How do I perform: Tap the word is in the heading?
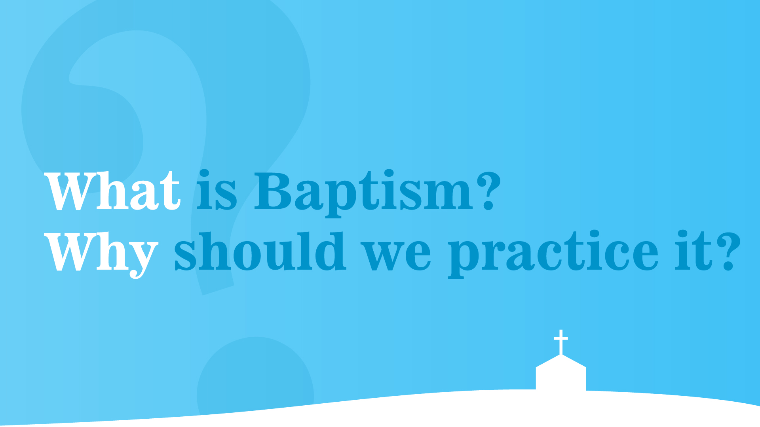pos(217,190)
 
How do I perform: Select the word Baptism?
pos(363,193)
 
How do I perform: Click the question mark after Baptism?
pos(488,190)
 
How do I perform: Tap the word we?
pos(396,256)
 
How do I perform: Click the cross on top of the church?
pos(561,342)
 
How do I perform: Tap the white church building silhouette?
pos(561,372)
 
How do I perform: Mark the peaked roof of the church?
pos(561,361)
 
